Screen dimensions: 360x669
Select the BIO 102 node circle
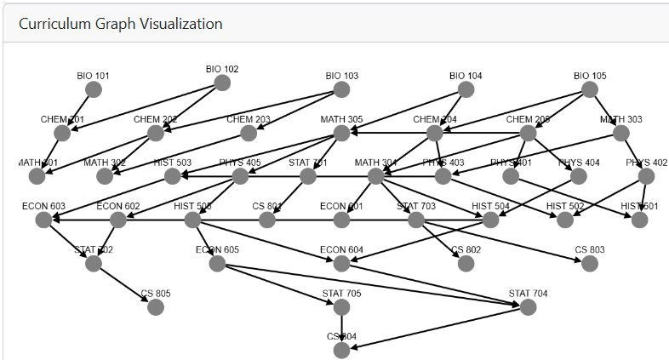click(222, 83)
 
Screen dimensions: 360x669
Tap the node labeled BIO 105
click(589, 89)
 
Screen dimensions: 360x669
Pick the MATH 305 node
click(341, 133)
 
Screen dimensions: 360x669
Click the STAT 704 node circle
click(528, 307)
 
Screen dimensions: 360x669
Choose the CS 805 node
click(156, 307)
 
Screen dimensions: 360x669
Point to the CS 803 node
click(590, 263)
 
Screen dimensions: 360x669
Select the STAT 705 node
click(341, 307)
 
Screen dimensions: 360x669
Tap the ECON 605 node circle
click(217, 263)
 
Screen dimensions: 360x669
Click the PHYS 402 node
click(646, 176)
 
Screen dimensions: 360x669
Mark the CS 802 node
click(466, 263)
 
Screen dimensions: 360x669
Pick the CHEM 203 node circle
click(249, 133)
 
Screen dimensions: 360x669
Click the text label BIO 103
click(341, 76)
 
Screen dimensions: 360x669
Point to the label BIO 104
click(466, 76)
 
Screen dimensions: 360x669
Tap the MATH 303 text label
click(620, 119)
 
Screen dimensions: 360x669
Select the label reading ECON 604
click(341, 249)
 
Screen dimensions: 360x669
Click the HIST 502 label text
click(564, 206)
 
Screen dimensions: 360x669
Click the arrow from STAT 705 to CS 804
click(341, 328)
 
